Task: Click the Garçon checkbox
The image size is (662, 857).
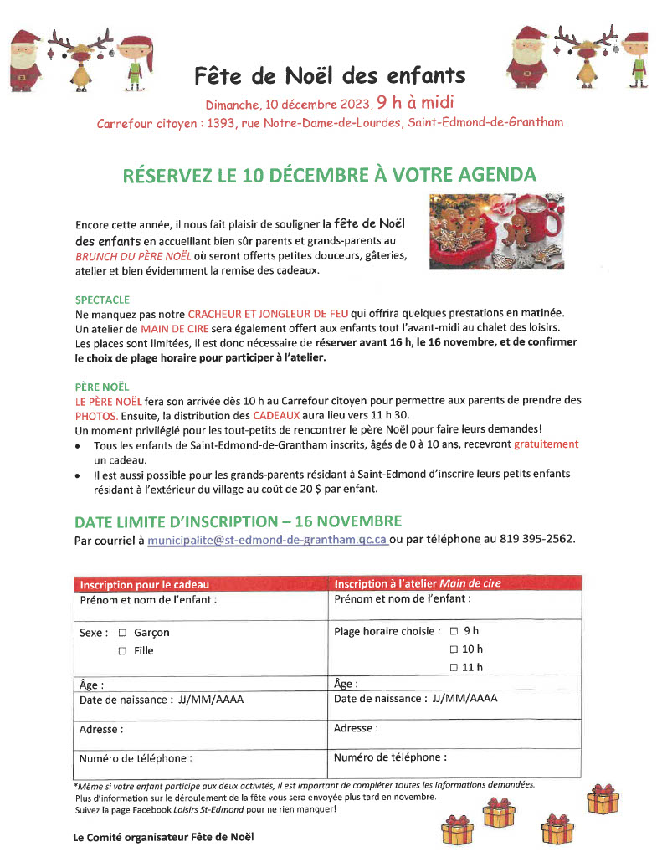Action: [122, 633]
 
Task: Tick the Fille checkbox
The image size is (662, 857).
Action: [122, 651]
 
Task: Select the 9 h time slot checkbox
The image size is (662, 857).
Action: [454, 631]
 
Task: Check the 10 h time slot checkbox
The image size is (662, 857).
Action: [454, 649]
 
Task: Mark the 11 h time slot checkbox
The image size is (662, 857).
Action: [454, 667]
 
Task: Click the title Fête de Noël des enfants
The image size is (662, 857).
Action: [330, 76]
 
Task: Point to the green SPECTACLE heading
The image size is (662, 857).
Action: [103, 299]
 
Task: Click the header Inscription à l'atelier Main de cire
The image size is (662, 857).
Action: [418, 583]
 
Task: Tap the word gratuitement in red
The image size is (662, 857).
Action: [546, 444]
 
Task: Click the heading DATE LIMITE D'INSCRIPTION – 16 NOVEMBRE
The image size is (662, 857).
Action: [239, 521]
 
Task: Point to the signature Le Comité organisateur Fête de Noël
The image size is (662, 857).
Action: [163, 836]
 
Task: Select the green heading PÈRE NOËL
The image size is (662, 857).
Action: [102, 387]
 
